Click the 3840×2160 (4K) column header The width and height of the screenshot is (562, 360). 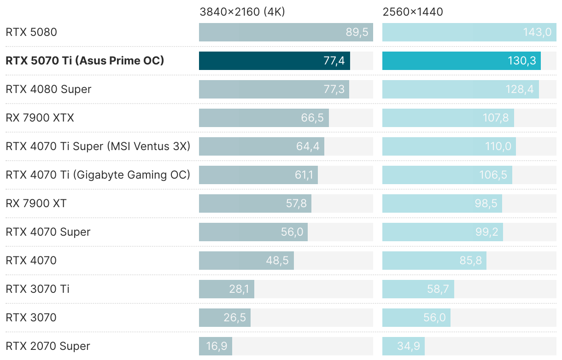242,12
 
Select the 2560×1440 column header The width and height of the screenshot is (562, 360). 413,12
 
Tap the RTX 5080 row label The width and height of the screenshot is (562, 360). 31,32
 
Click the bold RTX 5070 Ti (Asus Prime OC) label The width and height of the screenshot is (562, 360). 85,61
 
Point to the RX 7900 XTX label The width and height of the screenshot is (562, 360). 40,118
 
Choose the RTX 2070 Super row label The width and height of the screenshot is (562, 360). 48,346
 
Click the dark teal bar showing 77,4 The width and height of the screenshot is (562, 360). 274,61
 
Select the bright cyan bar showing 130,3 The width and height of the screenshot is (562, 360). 461,61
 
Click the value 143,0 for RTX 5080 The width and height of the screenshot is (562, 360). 537,32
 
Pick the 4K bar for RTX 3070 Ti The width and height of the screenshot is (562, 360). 226,289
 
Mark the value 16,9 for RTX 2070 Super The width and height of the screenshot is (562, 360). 217,346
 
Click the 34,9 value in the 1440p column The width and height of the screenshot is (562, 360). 408,346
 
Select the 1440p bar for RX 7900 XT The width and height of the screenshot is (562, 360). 442,203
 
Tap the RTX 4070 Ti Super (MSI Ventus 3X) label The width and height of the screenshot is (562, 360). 98,146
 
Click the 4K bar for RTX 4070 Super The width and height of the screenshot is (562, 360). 253,232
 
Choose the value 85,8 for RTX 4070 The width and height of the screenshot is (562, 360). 470,261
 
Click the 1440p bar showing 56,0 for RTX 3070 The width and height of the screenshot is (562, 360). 416,318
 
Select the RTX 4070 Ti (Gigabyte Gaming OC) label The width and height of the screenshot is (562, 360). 98,175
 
